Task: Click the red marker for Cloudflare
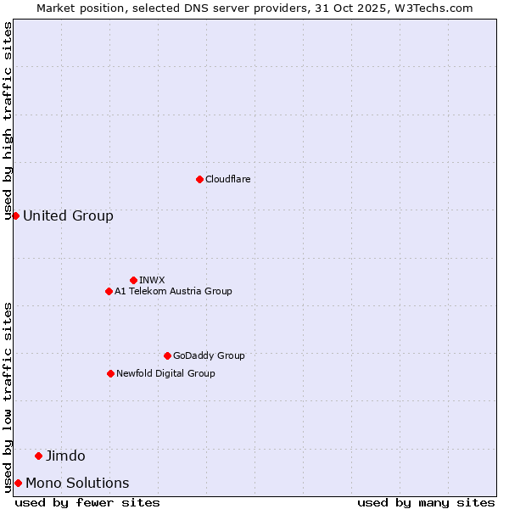point(199,179)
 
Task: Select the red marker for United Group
point(15,215)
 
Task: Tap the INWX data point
point(133,280)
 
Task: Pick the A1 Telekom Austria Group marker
point(109,291)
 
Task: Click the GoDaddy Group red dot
point(167,355)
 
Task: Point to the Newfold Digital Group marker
point(110,373)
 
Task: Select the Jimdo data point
point(38,456)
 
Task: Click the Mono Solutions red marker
point(18,483)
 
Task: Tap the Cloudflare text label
point(227,179)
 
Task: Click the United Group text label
point(68,215)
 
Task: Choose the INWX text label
point(152,280)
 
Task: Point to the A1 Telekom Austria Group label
point(173,291)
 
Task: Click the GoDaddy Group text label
point(209,355)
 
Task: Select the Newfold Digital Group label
point(165,373)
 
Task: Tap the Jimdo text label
point(65,456)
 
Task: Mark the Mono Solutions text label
point(77,483)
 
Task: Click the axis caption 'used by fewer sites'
point(87,502)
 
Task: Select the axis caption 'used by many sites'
point(426,502)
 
